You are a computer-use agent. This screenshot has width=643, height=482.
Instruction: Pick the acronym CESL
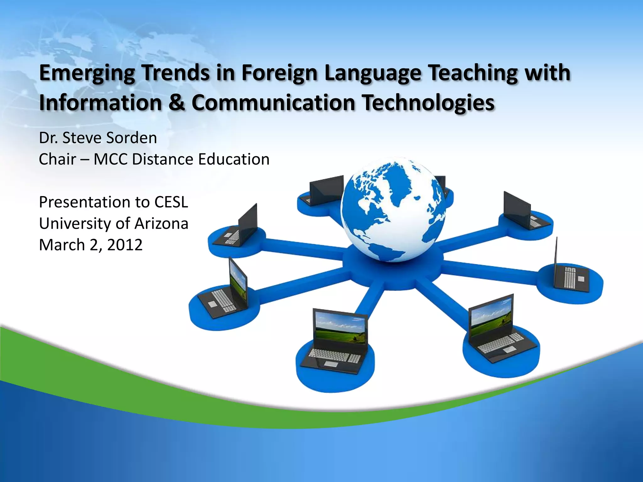171,202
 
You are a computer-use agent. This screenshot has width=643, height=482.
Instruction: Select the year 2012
125,245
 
